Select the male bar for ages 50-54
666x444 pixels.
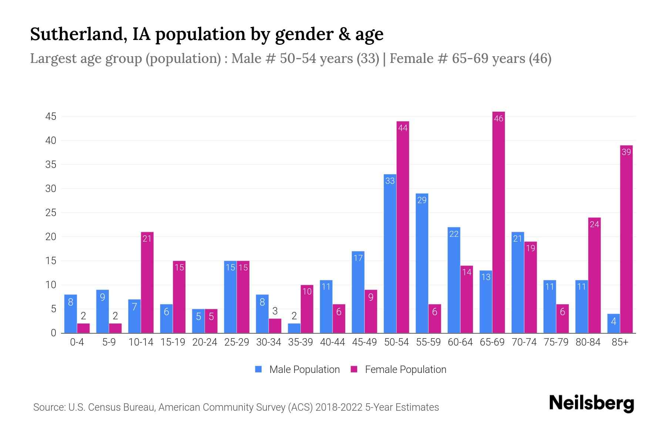(390, 255)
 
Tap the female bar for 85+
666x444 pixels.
(626, 240)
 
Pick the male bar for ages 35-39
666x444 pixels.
(294, 328)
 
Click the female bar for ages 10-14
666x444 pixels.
(147, 283)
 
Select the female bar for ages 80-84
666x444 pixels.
(594, 276)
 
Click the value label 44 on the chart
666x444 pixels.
(403, 128)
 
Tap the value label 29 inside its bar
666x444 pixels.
(422, 200)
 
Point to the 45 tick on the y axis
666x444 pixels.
(51, 117)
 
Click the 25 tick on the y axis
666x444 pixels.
(51, 213)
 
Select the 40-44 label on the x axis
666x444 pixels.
(332, 343)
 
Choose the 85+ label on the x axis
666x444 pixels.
(620, 343)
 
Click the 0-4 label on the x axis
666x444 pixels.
(77, 343)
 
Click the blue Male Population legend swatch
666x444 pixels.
(258, 369)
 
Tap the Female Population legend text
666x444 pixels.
(405, 370)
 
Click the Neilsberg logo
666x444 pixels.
(591, 403)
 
